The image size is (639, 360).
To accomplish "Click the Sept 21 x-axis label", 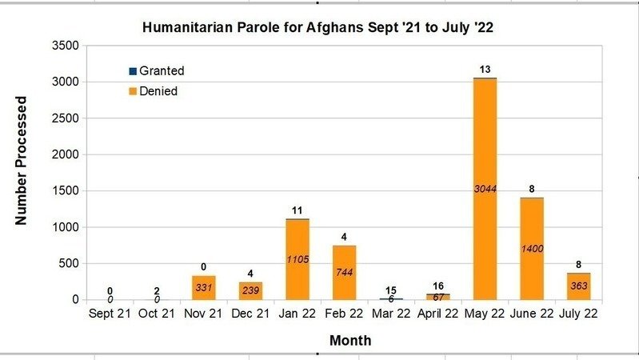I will (x=110, y=314).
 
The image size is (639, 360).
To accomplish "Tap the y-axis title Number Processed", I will (x=22, y=160).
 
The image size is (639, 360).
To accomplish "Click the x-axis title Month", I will (x=349, y=341).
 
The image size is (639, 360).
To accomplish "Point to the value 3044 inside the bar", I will (x=485, y=189).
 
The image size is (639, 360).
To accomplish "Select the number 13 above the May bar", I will (x=485, y=70).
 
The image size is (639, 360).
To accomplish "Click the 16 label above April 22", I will (x=438, y=286).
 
